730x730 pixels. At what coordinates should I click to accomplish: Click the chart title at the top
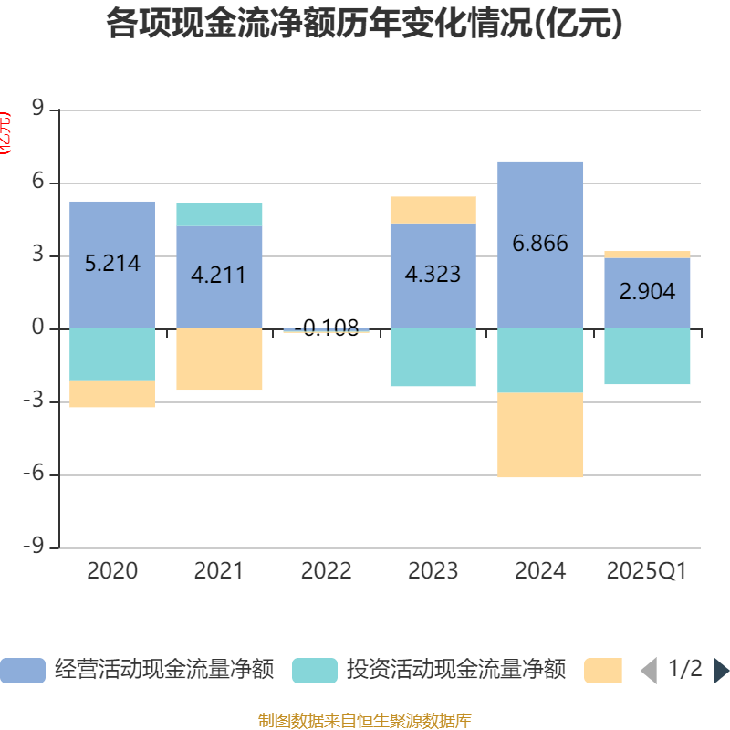pos(365,23)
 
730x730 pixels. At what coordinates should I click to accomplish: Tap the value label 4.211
pos(219,275)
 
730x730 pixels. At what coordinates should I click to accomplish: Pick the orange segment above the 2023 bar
pos(433,210)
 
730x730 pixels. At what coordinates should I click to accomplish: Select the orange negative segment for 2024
pos(540,435)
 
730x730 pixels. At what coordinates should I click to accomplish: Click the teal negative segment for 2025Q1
pos(647,357)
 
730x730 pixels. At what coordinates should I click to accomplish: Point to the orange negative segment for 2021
pos(219,360)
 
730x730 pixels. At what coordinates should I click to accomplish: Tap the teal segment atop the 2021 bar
pos(219,214)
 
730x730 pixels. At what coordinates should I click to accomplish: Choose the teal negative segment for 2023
pos(433,358)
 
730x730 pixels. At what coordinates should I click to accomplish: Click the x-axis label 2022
pos(326,571)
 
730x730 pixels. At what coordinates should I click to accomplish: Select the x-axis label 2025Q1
pos(647,571)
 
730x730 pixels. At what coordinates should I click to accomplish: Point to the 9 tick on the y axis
pos(37,109)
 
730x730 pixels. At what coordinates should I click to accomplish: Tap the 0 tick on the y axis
pos(37,328)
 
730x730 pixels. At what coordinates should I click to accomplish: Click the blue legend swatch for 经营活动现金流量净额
pos(22,670)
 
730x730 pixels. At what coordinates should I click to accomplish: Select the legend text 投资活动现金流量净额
pos(455,670)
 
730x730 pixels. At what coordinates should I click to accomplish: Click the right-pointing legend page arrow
pos(721,670)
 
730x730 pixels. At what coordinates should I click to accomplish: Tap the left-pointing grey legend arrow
pos(649,670)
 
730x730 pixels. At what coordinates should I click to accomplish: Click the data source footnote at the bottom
pos(365,721)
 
